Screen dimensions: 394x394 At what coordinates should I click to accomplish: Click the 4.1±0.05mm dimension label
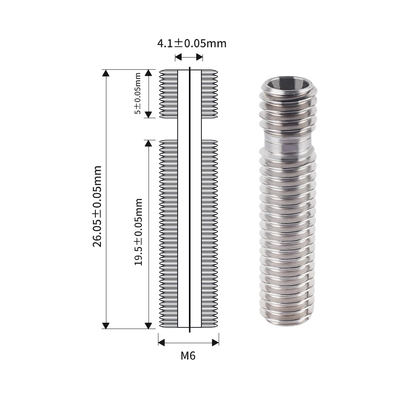192,43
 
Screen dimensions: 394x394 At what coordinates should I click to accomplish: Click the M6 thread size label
188,356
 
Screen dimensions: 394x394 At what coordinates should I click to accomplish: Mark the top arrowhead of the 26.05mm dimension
106,73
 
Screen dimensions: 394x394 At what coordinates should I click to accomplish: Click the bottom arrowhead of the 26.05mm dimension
106,325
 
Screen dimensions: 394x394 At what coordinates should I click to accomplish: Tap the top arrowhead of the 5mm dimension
148,73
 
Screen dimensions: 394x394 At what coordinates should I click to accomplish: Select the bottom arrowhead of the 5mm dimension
148,115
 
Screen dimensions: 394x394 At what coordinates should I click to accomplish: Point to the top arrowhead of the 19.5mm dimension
148,143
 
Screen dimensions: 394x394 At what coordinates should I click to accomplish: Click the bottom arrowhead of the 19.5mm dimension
148,325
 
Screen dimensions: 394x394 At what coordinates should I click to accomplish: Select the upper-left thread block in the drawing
169,94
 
